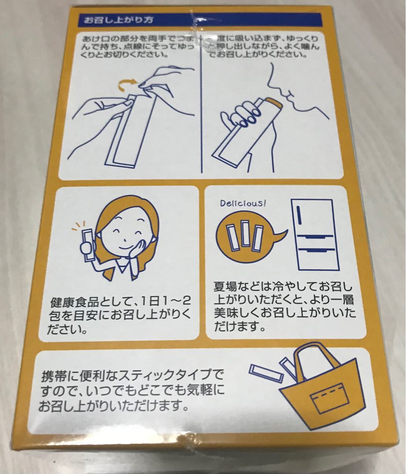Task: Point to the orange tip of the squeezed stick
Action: coord(272,105)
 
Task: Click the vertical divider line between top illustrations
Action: coord(202,107)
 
